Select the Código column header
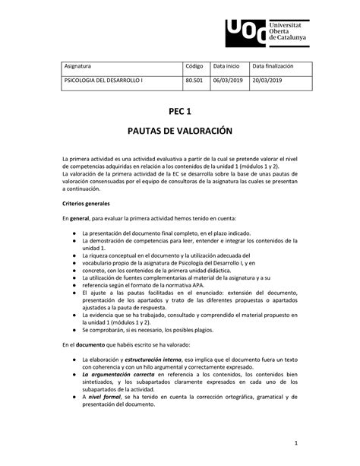(x=195, y=67)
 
